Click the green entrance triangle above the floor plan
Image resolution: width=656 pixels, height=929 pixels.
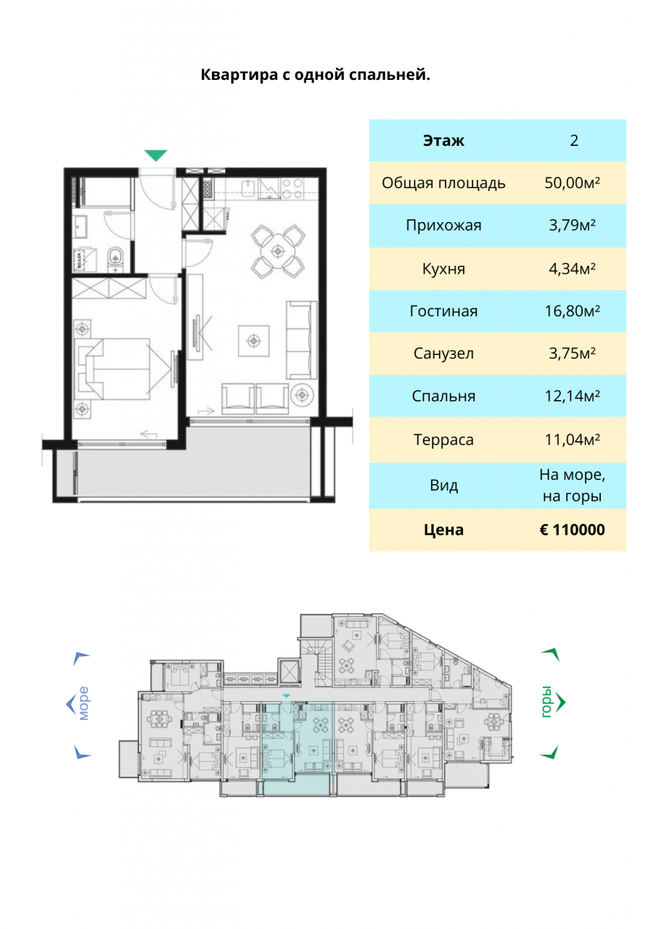(x=155, y=155)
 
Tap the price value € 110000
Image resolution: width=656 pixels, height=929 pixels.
(x=572, y=530)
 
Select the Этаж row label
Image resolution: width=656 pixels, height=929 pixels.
(x=443, y=141)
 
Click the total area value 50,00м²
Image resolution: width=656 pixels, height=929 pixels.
(x=572, y=182)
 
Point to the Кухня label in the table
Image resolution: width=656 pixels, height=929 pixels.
(x=443, y=269)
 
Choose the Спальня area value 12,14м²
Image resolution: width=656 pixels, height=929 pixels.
(x=572, y=396)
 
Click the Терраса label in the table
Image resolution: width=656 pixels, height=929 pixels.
(x=443, y=440)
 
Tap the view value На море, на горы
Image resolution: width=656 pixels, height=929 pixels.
(x=572, y=486)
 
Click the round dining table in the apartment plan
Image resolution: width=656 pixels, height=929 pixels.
(x=277, y=251)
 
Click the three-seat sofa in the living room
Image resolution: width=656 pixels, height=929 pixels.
(x=301, y=340)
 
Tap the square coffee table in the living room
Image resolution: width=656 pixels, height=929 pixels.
(x=253, y=341)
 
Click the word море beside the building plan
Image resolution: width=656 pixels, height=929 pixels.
(x=83, y=703)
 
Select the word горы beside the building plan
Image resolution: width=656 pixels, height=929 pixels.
(x=546, y=702)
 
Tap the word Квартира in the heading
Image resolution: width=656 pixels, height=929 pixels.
(x=239, y=75)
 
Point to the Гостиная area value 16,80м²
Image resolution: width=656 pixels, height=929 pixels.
(x=572, y=311)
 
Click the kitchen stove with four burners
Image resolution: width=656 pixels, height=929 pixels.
(x=292, y=188)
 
